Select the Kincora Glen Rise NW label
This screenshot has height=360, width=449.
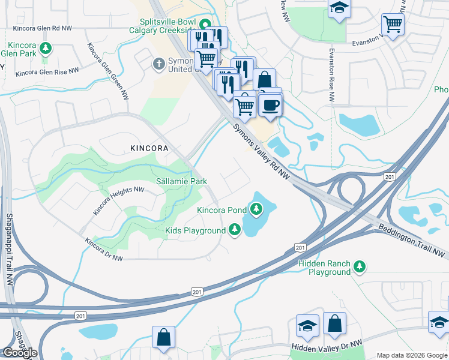47,72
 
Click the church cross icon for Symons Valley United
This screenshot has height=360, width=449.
159,63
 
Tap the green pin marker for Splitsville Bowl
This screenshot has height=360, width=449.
205,26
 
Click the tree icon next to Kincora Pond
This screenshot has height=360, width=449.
256,209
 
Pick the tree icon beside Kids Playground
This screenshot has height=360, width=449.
235,230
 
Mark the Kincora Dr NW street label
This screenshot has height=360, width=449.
104,250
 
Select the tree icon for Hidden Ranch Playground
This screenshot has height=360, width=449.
360,266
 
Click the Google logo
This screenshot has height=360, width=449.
20,353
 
